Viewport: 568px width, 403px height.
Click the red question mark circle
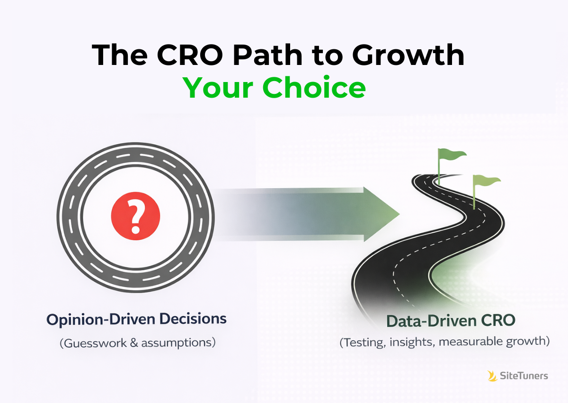[x=135, y=216]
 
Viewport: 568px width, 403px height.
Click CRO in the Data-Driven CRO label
[x=497, y=321]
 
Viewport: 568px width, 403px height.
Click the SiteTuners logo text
[x=524, y=376]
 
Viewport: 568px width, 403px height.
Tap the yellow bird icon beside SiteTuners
[x=492, y=376]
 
